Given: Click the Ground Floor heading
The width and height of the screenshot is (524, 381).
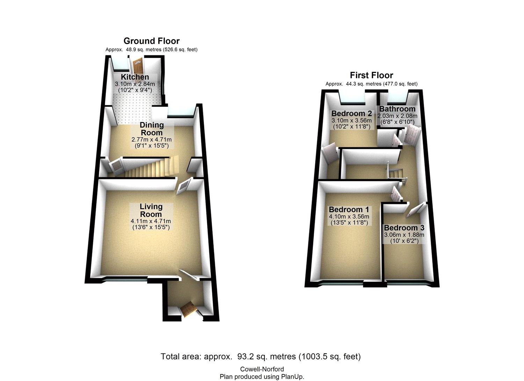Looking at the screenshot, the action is pos(151,41).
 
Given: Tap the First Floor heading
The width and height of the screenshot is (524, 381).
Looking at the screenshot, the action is pos(371,76).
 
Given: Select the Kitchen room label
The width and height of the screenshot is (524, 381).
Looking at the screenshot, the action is pos(135,77).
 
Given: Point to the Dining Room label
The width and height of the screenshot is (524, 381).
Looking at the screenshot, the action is pos(152,129).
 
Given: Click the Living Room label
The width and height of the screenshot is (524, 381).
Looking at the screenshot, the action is pos(151,210).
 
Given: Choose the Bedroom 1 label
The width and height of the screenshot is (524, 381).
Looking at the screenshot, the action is pos(349,209).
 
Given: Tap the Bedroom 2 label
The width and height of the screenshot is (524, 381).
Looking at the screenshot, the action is pos(351,114).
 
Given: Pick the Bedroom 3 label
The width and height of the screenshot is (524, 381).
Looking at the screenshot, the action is pos(404,228).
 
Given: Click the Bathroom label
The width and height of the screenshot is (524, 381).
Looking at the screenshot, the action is pos(397,109).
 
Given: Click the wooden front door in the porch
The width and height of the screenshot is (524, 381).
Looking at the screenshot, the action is pos(188,309).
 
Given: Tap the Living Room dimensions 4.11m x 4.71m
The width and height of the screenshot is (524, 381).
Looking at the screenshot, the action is pos(151,221).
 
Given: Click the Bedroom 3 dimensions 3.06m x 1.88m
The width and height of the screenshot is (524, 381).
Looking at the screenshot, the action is pos(404,235).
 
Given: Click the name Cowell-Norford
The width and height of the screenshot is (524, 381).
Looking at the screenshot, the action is pos(262,369).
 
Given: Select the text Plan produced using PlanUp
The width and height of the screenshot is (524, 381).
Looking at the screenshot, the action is pos(262,376).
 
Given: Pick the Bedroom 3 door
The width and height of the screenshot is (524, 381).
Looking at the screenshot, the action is pos(415,210).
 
